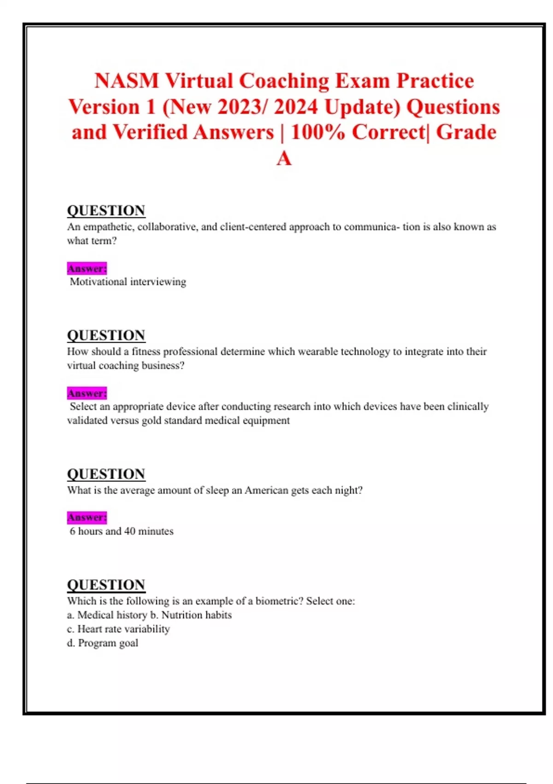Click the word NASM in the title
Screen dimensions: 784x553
pos(126,81)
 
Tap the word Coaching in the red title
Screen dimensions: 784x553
pos(284,81)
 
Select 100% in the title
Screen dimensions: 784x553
pos(318,133)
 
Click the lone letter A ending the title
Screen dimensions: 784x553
pos(284,159)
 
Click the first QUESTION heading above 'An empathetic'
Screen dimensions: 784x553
pos(106,211)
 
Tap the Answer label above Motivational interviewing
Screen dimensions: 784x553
pos(87,268)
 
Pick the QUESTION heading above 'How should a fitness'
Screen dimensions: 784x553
pos(106,335)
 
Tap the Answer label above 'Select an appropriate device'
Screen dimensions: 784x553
pos(87,393)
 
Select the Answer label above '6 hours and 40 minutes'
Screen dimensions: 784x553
pos(87,517)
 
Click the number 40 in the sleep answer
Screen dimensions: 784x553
pos(130,531)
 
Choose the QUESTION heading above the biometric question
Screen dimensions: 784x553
pos(106,585)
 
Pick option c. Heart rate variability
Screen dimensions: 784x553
pos(118,629)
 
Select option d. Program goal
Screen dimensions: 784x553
pos(102,643)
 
